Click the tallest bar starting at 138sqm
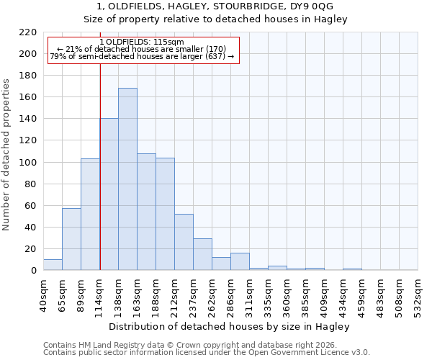click(x=127, y=179)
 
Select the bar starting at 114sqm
click(x=109, y=194)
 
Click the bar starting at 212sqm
click(x=184, y=242)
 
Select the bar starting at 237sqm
click(x=202, y=254)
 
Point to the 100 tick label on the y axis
click(x=29, y=163)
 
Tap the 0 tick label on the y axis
click(x=34, y=271)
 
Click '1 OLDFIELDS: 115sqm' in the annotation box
click(x=142, y=42)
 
